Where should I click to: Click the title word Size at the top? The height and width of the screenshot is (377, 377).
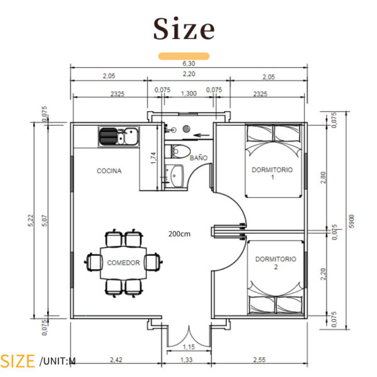click(x=184, y=30)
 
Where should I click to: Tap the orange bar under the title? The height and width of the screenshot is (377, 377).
click(x=184, y=57)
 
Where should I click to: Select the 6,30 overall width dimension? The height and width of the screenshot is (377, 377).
click(x=188, y=63)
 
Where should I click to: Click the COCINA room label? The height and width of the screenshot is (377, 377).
click(x=109, y=171)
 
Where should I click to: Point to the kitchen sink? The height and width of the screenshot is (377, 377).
click(x=119, y=136)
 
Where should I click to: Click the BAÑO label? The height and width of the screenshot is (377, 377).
click(x=199, y=158)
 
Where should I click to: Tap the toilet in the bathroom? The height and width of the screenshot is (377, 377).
click(x=178, y=151)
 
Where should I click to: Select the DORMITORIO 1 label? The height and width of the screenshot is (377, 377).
click(x=272, y=173)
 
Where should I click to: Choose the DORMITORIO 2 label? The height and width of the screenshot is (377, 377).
click(x=275, y=263)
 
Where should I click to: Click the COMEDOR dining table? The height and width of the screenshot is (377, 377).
click(x=123, y=263)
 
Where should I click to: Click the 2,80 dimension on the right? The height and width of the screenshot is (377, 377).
click(x=324, y=178)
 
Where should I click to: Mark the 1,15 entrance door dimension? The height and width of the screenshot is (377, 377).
click(x=188, y=347)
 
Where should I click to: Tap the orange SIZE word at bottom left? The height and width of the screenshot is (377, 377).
click(x=18, y=361)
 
